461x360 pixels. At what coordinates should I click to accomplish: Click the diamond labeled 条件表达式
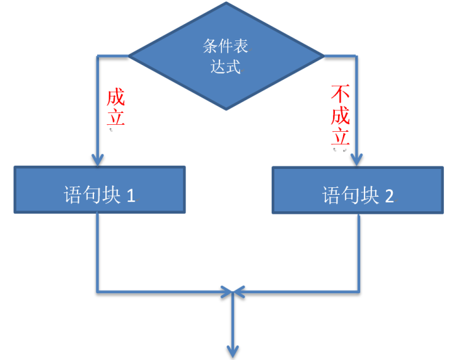(x=226, y=56)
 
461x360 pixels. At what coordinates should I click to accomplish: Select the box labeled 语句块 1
(x=100, y=190)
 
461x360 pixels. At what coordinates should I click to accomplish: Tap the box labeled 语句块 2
(x=358, y=190)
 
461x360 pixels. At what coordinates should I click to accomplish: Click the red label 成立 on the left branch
(x=115, y=108)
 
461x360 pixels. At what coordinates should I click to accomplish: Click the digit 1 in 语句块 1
(x=131, y=195)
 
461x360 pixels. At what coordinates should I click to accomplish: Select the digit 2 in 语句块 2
(x=389, y=195)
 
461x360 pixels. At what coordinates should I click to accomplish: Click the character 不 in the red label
(x=340, y=95)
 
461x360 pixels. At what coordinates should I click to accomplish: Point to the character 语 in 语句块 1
(x=73, y=195)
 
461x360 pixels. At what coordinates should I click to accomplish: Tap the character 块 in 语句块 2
(x=369, y=195)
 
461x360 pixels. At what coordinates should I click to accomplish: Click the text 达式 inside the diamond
(x=226, y=67)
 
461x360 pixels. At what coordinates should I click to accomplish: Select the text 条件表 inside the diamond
(x=226, y=47)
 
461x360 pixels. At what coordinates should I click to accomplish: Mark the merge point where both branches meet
(x=234, y=292)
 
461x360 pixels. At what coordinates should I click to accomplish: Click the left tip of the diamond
(x=130, y=56)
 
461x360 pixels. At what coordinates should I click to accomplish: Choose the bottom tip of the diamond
(x=226, y=108)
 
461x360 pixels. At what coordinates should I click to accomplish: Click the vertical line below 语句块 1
(x=98, y=252)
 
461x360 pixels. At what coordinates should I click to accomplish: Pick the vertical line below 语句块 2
(x=358, y=252)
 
